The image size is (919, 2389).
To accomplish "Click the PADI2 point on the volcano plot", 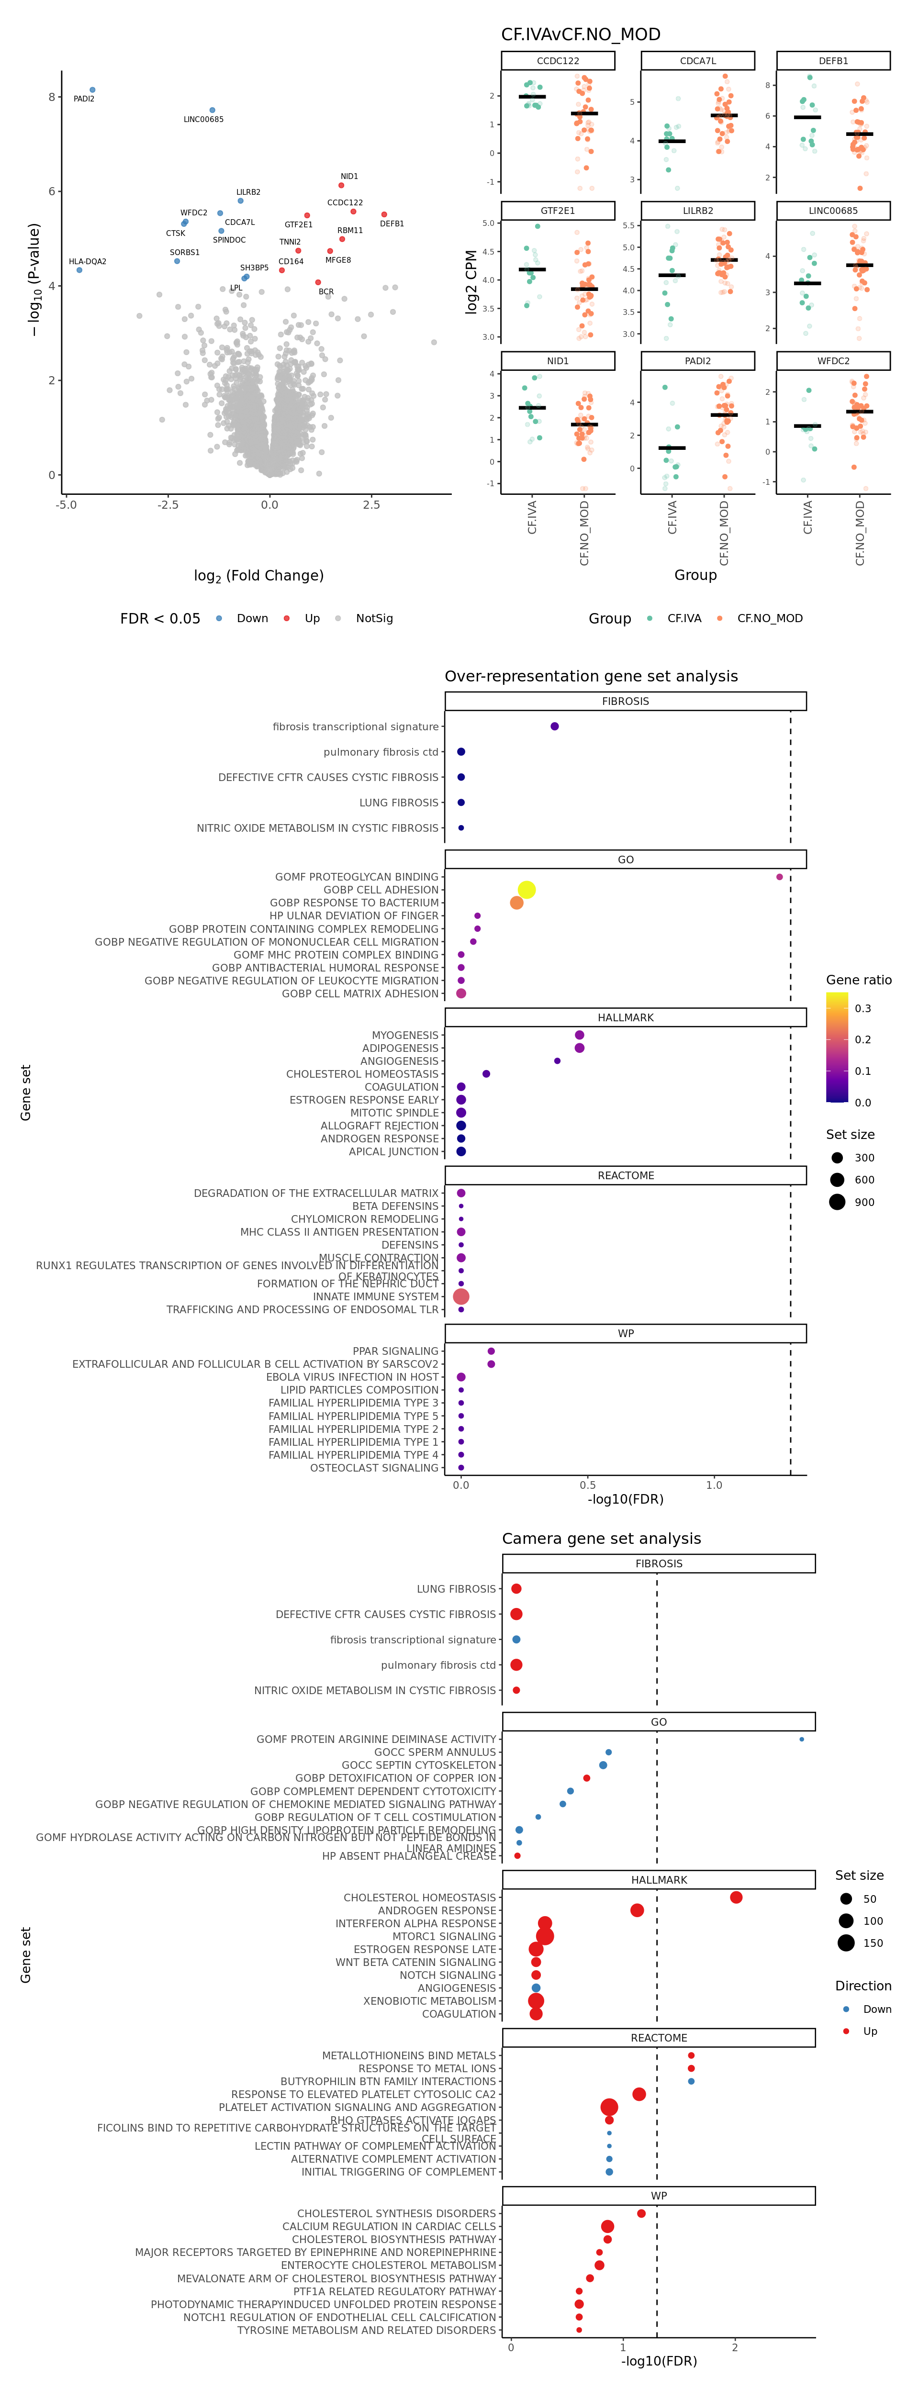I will click(x=92, y=90).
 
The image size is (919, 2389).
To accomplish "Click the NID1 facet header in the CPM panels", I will click(x=557, y=361).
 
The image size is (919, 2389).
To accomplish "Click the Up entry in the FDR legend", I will click(x=312, y=619).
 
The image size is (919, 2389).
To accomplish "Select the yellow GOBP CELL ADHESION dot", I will click(x=526, y=889).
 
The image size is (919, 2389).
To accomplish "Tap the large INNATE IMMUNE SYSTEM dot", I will click(x=461, y=1296).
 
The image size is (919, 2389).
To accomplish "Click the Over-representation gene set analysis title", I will click(x=591, y=676).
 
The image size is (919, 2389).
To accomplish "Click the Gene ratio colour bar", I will click(x=837, y=1047).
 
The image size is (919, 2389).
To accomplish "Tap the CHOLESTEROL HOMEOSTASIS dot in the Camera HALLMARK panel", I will click(x=735, y=1898).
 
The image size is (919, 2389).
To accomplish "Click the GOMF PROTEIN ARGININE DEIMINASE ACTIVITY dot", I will click(x=801, y=1739).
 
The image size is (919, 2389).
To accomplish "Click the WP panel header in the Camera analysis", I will click(x=659, y=2196).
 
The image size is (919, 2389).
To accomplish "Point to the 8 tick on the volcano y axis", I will click(x=52, y=97).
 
